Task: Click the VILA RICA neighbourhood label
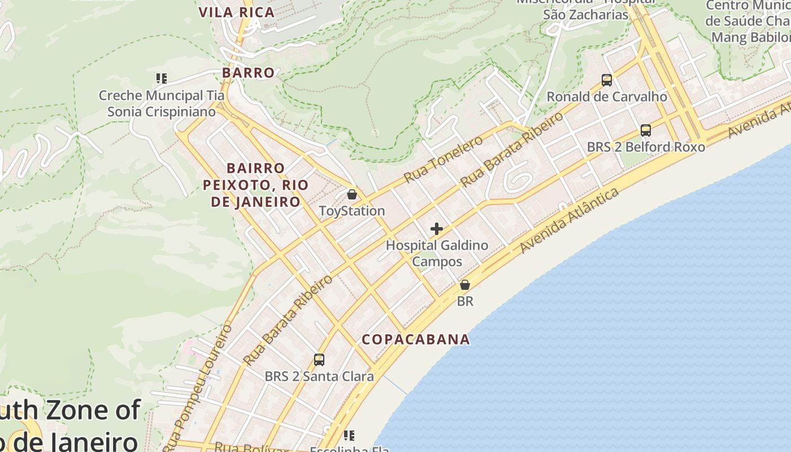click(x=236, y=12)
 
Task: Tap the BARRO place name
click(x=248, y=73)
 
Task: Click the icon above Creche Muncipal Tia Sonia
click(x=162, y=79)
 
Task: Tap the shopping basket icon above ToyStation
click(x=352, y=195)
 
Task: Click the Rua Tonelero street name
click(x=444, y=160)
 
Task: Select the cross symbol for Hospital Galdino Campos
click(x=437, y=229)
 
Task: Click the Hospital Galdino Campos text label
click(x=437, y=254)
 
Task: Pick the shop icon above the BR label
click(x=465, y=285)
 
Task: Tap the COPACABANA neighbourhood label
click(x=415, y=340)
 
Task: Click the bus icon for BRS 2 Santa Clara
click(x=319, y=360)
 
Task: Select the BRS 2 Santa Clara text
click(x=319, y=377)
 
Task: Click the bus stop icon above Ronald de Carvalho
click(x=607, y=80)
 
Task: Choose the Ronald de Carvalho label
click(x=607, y=97)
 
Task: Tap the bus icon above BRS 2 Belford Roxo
click(x=646, y=131)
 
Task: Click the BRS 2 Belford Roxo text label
click(x=646, y=147)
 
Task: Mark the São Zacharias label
click(x=586, y=15)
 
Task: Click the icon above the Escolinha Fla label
click(x=349, y=436)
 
